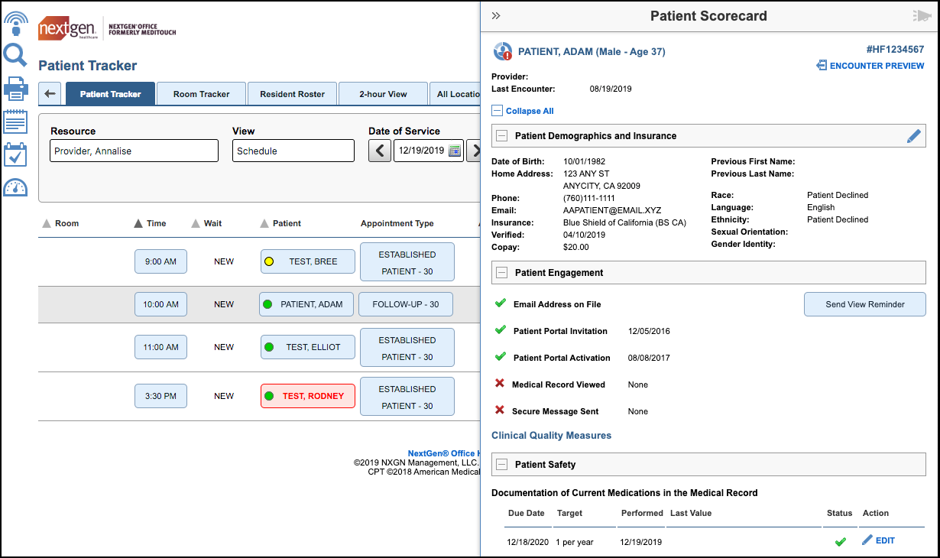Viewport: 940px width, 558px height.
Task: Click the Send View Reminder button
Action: tap(864, 304)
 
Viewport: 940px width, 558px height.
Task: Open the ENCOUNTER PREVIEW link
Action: tap(870, 66)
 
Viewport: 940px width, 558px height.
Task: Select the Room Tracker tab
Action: tap(201, 94)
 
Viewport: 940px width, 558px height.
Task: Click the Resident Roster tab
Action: tap(292, 94)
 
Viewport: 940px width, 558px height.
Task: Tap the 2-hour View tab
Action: tap(383, 94)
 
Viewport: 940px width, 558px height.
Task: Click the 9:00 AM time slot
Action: tap(160, 261)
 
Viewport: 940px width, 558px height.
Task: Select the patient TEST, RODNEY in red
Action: tap(308, 396)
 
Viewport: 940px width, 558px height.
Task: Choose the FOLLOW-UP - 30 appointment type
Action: tap(405, 304)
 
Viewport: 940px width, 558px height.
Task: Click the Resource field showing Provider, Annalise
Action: tap(134, 151)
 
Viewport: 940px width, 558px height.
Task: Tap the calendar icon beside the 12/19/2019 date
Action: tap(455, 151)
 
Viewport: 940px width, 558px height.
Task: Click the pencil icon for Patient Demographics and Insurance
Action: tap(914, 136)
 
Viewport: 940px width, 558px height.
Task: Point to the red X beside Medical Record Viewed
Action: tap(500, 384)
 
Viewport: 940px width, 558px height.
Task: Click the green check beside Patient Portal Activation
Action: tap(501, 356)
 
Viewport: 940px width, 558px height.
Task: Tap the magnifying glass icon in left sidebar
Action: tap(15, 55)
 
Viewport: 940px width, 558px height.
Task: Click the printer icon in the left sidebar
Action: tap(15, 89)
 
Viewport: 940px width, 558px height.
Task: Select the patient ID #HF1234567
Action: tap(895, 50)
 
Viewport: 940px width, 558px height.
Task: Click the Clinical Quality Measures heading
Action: tap(551, 436)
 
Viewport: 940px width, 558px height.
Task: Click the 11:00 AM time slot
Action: tap(160, 347)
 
